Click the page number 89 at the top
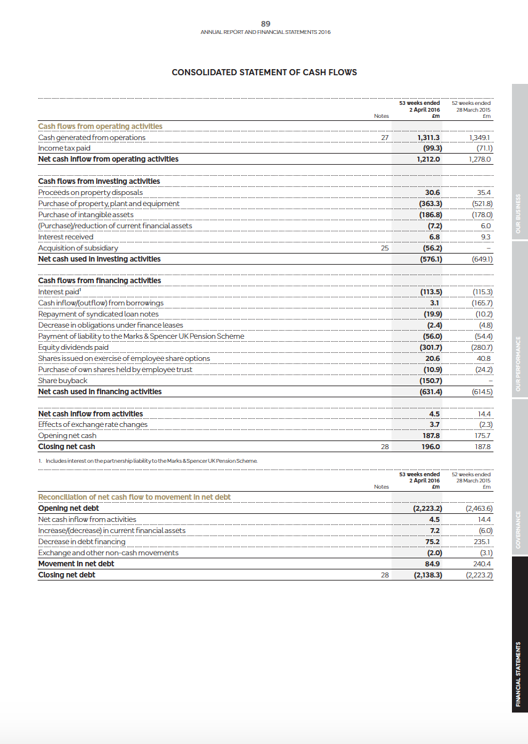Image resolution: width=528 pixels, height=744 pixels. [x=265, y=24]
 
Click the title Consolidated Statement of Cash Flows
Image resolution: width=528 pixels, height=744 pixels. [x=264, y=72]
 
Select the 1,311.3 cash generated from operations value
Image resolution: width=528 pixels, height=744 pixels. [x=428, y=138]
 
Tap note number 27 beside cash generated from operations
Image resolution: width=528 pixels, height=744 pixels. [x=384, y=138]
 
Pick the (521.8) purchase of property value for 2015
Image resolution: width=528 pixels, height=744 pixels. [x=481, y=204]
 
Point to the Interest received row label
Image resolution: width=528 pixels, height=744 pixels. [x=66, y=237]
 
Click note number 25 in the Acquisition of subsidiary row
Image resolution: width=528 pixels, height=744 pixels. [x=384, y=248]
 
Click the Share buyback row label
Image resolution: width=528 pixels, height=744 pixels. [x=63, y=381]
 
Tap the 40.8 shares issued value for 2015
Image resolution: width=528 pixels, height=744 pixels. [x=483, y=358]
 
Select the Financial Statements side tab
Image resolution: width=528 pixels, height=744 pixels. [x=519, y=674]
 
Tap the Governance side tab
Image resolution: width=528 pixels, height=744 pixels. [x=519, y=529]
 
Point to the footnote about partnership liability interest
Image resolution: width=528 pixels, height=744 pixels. [x=148, y=460]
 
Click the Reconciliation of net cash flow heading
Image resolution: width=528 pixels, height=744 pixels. [x=134, y=497]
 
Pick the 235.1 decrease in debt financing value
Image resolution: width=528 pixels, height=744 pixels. [x=482, y=542]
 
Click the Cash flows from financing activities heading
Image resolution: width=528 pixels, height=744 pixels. [x=99, y=281]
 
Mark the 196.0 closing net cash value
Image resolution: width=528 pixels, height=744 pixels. [x=430, y=447]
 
